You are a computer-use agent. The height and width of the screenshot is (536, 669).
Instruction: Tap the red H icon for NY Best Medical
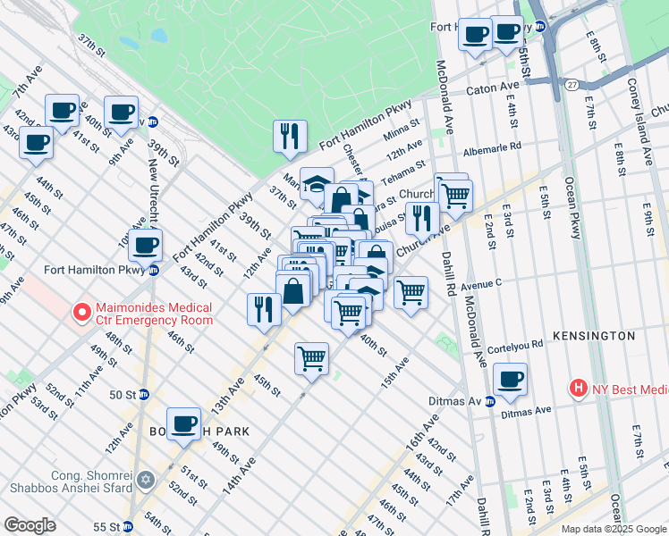579,389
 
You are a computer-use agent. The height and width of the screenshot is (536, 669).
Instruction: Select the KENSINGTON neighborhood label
593,336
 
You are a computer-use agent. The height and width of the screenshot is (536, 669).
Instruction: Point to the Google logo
30,525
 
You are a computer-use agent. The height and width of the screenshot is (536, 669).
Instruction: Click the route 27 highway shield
571,83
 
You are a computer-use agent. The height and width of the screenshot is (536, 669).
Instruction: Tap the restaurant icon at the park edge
290,137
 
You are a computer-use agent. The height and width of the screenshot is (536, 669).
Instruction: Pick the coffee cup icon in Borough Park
183,423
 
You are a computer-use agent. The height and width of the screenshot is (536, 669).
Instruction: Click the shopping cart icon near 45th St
311,359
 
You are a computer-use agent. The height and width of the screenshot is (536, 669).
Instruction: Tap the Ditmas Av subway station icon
489,401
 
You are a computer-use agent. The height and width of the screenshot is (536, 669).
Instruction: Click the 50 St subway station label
123,394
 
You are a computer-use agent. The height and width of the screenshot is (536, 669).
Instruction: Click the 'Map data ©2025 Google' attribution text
613,529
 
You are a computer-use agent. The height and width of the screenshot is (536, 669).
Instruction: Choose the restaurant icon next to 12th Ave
263,308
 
